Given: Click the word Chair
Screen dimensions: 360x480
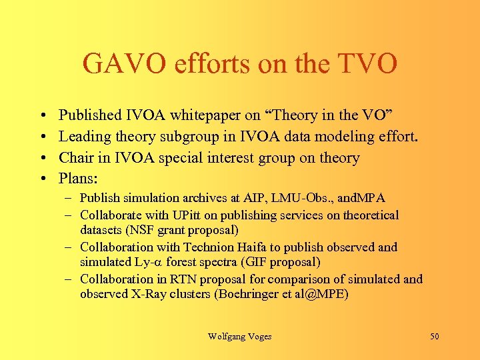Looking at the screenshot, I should tap(77, 158).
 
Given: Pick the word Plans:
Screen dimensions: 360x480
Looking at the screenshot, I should tap(78, 178).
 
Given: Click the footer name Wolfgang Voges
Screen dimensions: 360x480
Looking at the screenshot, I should tap(239, 337).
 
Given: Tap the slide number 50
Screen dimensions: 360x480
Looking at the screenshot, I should tap(434, 337).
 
